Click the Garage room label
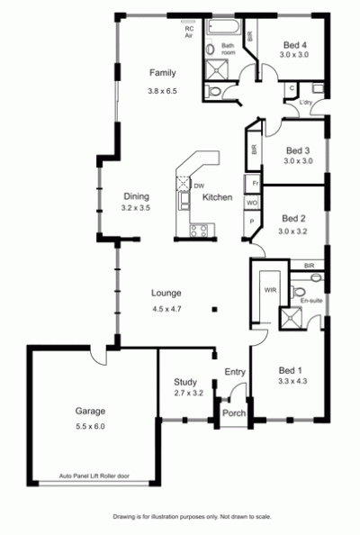pos(90,411)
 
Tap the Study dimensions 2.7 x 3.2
pos(188,393)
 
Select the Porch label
pos(234,413)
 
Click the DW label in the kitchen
pos(199,186)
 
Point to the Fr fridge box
pos(252,184)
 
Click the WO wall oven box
pos(252,203)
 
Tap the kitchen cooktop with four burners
pos(199,230)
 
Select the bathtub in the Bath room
pos(223,26)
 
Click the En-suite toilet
pos(298,292)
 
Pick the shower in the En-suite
pos(291,318)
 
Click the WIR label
pos(270,290)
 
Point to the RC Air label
pos(189,32)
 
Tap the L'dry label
pos(305,102)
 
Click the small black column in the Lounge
pos(215,310)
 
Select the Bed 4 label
pos(295,45)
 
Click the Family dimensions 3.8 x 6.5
pos(162,91)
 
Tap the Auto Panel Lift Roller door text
pos(94,476)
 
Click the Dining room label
pos(137,196)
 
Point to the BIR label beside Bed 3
pos(254,150)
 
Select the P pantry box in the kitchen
pos(252,222)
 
